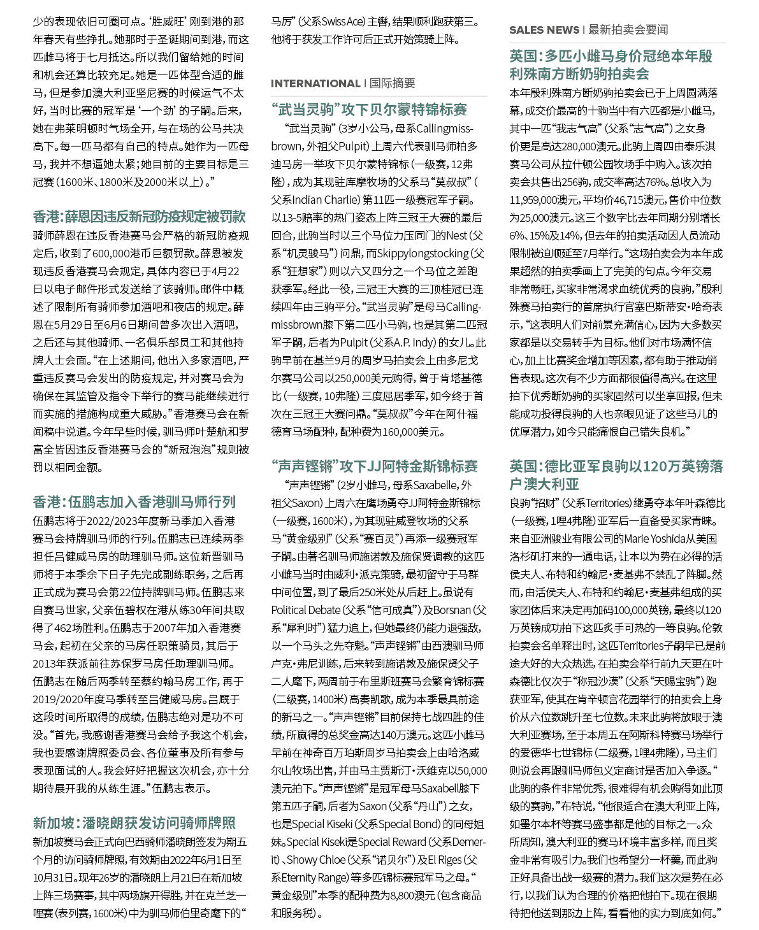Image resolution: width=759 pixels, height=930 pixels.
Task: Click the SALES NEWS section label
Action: pyautogui.click(x=544, y=30)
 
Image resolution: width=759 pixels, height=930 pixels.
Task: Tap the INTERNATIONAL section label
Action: pyautogui.click(x=315, y=83)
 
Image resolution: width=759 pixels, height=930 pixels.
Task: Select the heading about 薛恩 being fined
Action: pyautogui.click(x=139, y=217)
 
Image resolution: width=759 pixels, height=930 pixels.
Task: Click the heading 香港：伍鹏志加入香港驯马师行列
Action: pyautogui.click(x=134, y=502)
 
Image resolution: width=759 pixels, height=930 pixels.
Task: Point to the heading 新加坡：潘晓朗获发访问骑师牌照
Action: pyautogui.click(x=134, y=823)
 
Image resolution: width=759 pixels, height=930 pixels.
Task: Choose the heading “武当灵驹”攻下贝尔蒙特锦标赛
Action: pyautogui.click(x=369, y=110)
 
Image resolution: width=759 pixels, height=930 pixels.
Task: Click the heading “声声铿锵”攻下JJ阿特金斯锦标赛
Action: pyautogui.click(x=374, y=466)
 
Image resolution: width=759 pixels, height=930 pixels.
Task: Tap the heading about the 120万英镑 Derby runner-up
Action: pyautogui.click(x=616, y=475)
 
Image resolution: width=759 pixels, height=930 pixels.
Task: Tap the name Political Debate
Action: pyautogui.click(x=305, y=610)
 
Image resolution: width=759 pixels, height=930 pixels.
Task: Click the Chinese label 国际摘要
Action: pyautogui.click(x=392, y=83)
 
